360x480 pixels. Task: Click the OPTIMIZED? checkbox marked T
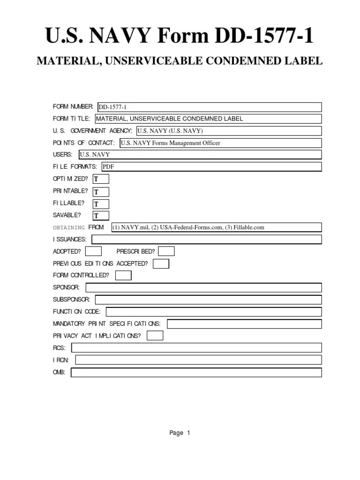(101, 179)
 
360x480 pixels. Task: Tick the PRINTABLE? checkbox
(101, 192)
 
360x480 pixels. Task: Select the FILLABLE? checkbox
(101, 204)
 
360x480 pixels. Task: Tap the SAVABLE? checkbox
(101, 216)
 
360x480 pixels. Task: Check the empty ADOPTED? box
(93, 251)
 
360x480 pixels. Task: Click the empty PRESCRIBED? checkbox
(166, 251)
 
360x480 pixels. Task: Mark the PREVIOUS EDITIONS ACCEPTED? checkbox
(161, 264)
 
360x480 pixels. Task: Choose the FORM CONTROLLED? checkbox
(123, 276)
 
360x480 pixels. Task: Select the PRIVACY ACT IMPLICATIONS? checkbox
(155, 336)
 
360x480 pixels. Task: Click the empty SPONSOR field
(203, 288)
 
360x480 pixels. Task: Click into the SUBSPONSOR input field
(208, 300)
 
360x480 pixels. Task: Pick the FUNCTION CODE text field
(214, 312)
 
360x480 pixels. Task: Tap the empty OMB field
(196, 373)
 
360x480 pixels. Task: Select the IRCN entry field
(198, 360)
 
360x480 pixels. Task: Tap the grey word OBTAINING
(69, 227)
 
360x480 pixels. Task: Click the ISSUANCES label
(69, 240)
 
